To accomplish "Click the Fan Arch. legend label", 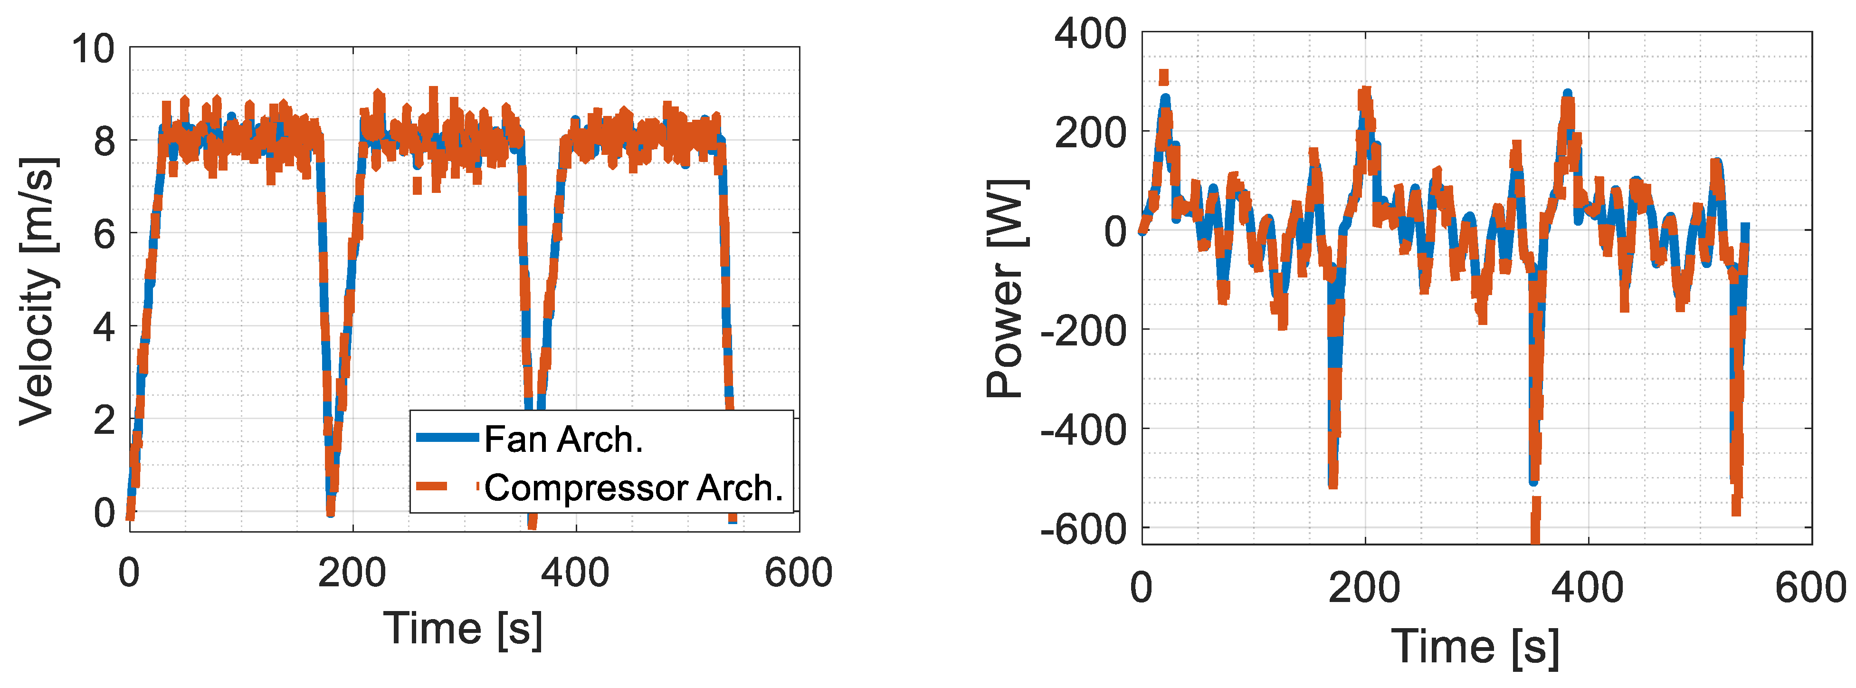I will click(563, 440).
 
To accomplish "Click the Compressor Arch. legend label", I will click(633, 488).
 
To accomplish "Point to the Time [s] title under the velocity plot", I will click(463, 629).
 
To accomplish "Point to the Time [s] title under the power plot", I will click(1475, 646).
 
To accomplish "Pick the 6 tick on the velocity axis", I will click(105, 234).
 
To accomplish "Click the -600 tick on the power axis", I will click(1083, 529).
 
